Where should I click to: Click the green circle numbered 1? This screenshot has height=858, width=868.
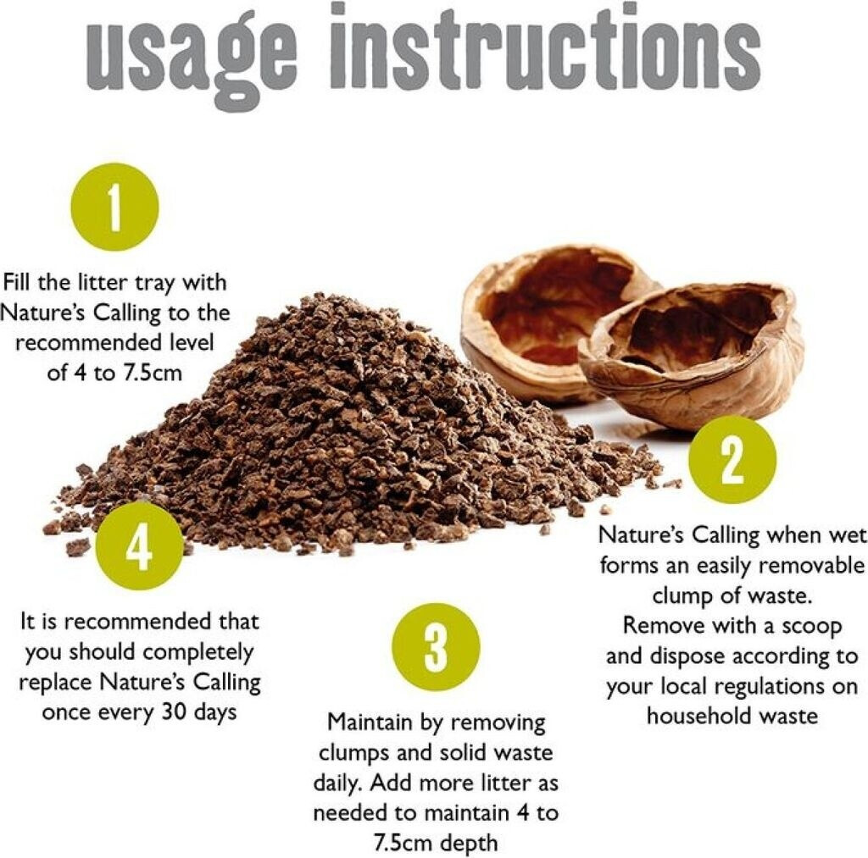115,207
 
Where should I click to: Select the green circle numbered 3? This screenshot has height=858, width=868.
436,647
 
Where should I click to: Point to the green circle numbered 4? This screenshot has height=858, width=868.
140,546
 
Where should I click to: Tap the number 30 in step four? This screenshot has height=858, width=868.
175,712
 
